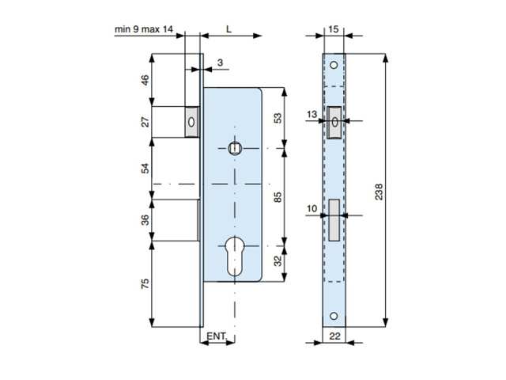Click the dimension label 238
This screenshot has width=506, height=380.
coord(379,192)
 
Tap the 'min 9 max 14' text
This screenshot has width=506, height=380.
coord(144,29)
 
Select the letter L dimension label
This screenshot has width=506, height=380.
coord(228,29)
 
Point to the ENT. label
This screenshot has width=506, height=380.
coord(217,336)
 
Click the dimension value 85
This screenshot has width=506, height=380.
coord(278,197)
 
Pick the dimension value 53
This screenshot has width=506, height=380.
coord(278,118)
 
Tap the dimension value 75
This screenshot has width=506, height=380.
coord(145,283)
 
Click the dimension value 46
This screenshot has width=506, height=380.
coord(145,80)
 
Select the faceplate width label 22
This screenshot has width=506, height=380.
coord(334,336)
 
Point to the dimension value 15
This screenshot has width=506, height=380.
coord(334,29)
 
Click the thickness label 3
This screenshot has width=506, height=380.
coord(220,63)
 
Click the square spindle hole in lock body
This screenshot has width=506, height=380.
coord(235,148)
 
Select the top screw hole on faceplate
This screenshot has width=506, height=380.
coord(334,65)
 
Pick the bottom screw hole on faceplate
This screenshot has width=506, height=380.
coord(334,316)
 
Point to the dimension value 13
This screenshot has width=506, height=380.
coord(312,114)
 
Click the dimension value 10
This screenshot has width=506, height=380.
coord(312,209)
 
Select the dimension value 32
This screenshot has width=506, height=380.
coord(278,260)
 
